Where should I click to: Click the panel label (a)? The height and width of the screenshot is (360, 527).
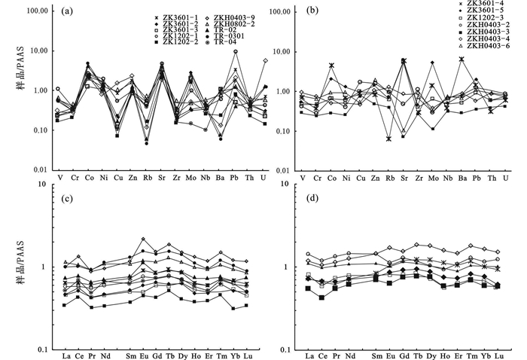point(68,11)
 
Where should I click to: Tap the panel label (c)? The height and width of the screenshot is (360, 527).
point(68,198)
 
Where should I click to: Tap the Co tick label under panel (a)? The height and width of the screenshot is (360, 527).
point(88,178)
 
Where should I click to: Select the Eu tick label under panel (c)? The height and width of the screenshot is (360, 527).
point(143,356)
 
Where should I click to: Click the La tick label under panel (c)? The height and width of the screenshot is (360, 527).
point(66,356)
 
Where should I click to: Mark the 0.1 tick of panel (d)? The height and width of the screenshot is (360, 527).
point(289,348)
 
